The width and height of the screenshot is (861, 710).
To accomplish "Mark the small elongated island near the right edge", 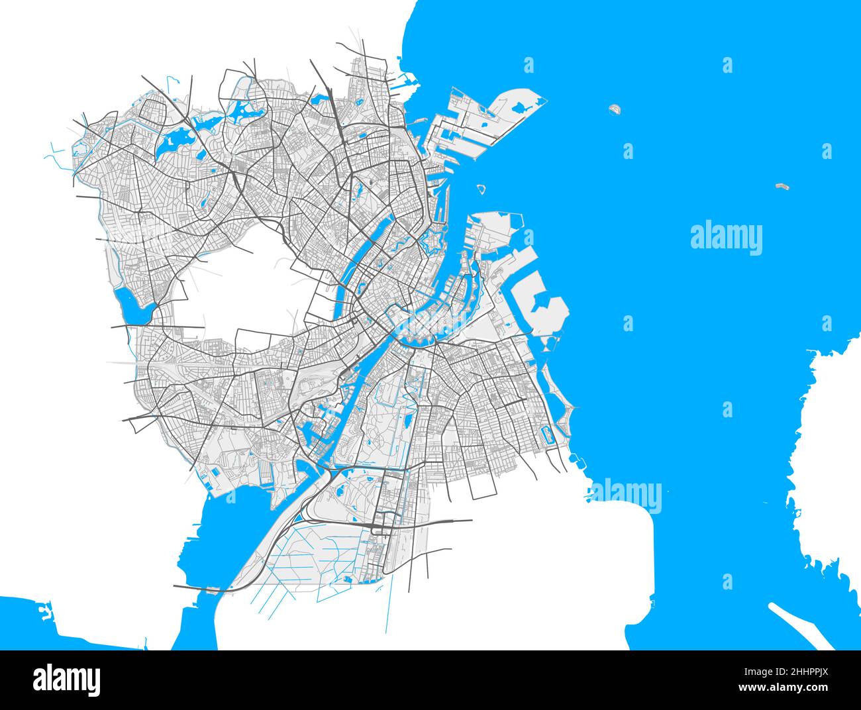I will pos(783,187).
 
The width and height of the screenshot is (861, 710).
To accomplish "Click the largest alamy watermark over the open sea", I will pos(726,238).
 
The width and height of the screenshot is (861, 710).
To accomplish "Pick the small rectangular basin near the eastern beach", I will pos(547,435).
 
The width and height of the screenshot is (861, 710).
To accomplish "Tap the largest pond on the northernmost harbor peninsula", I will pos(519,106).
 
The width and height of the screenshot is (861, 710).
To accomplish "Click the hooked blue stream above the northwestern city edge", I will pos(172,83).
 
